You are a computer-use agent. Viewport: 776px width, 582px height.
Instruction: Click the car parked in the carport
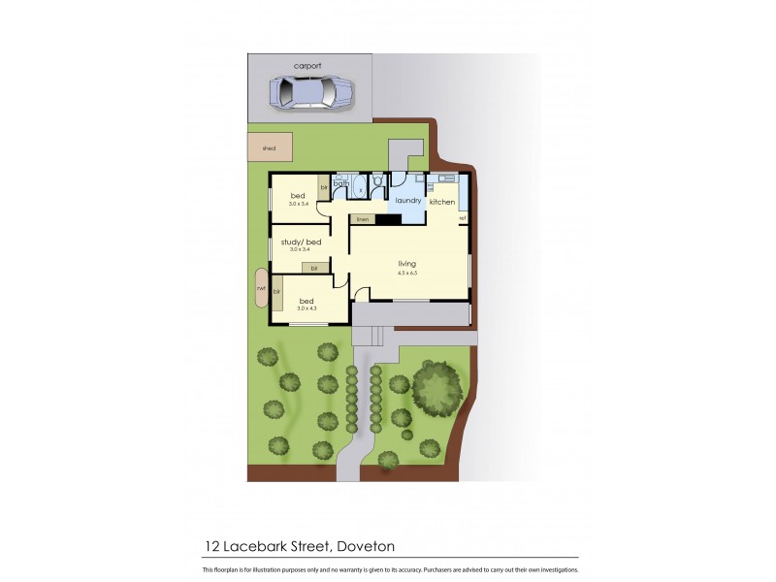tap(307, 93)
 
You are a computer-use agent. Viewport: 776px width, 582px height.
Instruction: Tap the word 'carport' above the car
tap(307, 66)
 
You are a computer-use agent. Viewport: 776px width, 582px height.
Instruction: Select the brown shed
tap(270, 147)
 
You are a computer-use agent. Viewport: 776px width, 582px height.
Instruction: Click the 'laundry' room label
tap(408, 201)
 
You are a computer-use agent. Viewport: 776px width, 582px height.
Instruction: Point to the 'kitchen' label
tap(442, 202)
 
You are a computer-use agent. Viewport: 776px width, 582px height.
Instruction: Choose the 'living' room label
tap(407, 263)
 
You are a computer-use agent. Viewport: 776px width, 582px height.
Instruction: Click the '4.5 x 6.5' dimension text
tap(407, 274)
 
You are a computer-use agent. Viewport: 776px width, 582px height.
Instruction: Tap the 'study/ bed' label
tap(300, 242)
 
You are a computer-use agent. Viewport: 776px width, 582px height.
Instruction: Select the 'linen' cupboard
tap(363, 220)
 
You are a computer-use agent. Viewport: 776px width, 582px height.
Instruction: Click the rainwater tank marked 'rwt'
tap(261, 288)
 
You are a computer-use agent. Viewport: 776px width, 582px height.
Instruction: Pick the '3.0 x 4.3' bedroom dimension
tap(306, 308)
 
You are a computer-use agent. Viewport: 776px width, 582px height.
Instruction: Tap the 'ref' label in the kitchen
tap(463, 218)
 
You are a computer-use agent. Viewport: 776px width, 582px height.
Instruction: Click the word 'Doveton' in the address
tap(363, 546)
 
